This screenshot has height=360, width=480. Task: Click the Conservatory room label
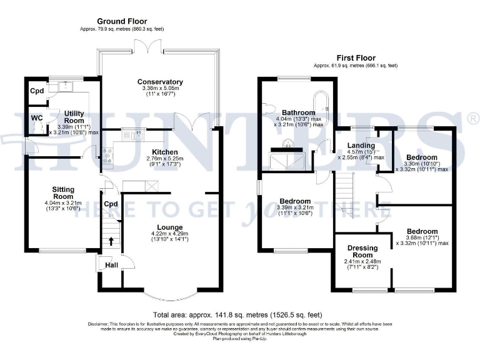[x=161, y=82]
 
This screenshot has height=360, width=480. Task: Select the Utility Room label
[x=74, y=116]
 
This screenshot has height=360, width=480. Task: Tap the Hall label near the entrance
[x=111, y=265]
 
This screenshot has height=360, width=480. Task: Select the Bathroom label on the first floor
[x=297, y=113]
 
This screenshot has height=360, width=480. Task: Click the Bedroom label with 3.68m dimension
[x=421, y=231]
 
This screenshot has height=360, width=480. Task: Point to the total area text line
[x=237, y=314]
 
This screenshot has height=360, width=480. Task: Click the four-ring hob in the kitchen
[x=106, y=155]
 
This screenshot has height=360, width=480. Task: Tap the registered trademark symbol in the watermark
[x=472, y=117]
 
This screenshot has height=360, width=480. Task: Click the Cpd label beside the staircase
[x=111, y=204]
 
